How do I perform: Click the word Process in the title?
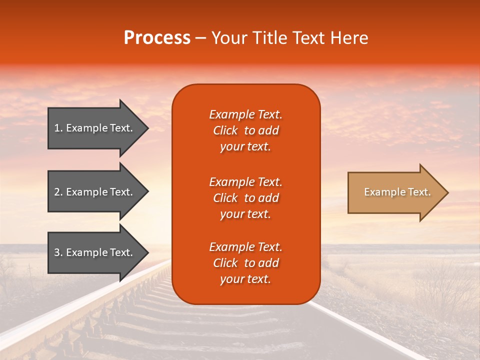pyautogui.click(x=157, y=38)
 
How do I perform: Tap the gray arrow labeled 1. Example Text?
pyautogui.click(x=95, y=128)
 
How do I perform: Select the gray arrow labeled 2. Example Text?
pyautogui.click(x=95, y=192)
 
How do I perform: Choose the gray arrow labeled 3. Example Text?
pyautogui.click(x=95, y=252)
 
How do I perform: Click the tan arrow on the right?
pyautogui.click(x=395, y=192)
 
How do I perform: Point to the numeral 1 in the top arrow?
pyautogui.click(x=56, y=128)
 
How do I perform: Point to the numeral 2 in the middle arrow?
pyautogui.click(x=57, y=192)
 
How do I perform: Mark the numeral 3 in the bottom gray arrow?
pyautogui.click(x=57, y=252)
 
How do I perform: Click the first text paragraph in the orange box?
pyautogui.click(x=245, y=130)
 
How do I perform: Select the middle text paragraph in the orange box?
pyautogui.click(x=245, y=198)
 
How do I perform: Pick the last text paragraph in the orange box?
pyautogui.click(x=245, y=263)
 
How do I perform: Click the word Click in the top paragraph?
pyautogui.click(x=225, y=130)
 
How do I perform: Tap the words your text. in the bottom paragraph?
pyautogui.click(x=245, y=279)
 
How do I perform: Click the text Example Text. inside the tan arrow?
pyautogui.click(x=397, y=192)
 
